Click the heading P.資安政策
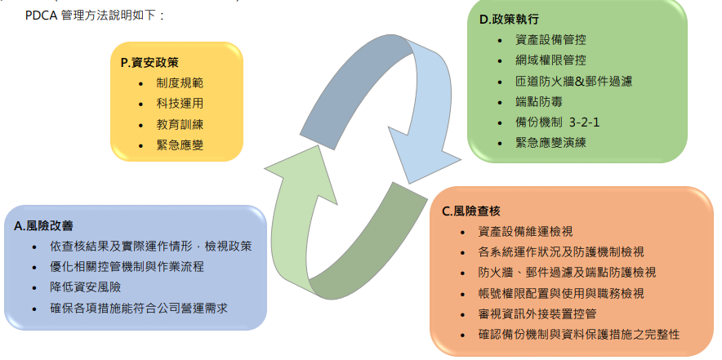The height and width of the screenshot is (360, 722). pos(149,63)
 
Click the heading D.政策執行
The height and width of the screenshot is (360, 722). pos(509,20)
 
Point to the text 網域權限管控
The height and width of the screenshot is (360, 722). pos(550,60)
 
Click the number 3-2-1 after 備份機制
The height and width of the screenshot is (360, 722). pos(584,122)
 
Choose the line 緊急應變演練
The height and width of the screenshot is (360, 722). pos(550,142)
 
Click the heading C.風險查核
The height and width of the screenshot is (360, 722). pos(471,211)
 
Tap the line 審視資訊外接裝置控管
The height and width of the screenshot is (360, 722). pos(537,314)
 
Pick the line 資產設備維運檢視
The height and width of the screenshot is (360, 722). pos(526,231)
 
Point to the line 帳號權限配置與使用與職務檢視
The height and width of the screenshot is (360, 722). pos(561,293)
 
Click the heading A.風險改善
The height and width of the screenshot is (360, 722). pos(44,225)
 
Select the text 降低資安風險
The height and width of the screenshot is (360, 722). pos(85,287)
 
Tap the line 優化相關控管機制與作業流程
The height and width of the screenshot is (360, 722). pos(127,267)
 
